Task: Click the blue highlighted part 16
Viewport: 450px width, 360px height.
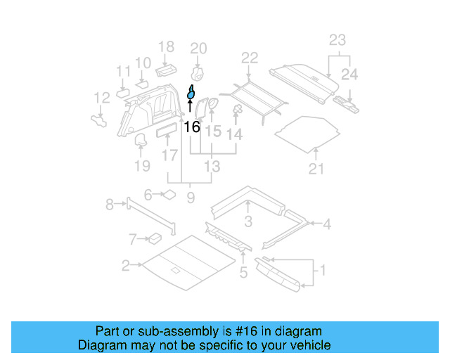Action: (191, 93)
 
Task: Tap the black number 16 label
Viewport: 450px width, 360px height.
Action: (191, 127)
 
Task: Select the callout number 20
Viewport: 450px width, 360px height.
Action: (199, 49)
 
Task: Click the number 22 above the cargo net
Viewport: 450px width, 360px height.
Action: (250, 58)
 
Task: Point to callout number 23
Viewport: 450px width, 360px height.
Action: (337, 40)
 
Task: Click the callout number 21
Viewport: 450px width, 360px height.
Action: (316, 168)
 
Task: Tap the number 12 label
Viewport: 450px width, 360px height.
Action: (102, 98)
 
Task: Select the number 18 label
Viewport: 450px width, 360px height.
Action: (165, 47)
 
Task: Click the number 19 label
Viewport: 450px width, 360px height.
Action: (142, 166)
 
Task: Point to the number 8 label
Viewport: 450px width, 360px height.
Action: (110, 205)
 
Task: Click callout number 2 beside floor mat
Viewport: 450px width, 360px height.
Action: (125, 265)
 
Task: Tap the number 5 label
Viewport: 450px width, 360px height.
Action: (243, 273)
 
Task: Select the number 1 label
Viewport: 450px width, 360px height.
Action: (323, 270)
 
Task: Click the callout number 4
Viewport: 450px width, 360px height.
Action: (326, 224)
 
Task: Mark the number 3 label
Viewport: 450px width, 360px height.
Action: (248, 223)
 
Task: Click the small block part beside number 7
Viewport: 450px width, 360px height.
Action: (153, 239)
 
